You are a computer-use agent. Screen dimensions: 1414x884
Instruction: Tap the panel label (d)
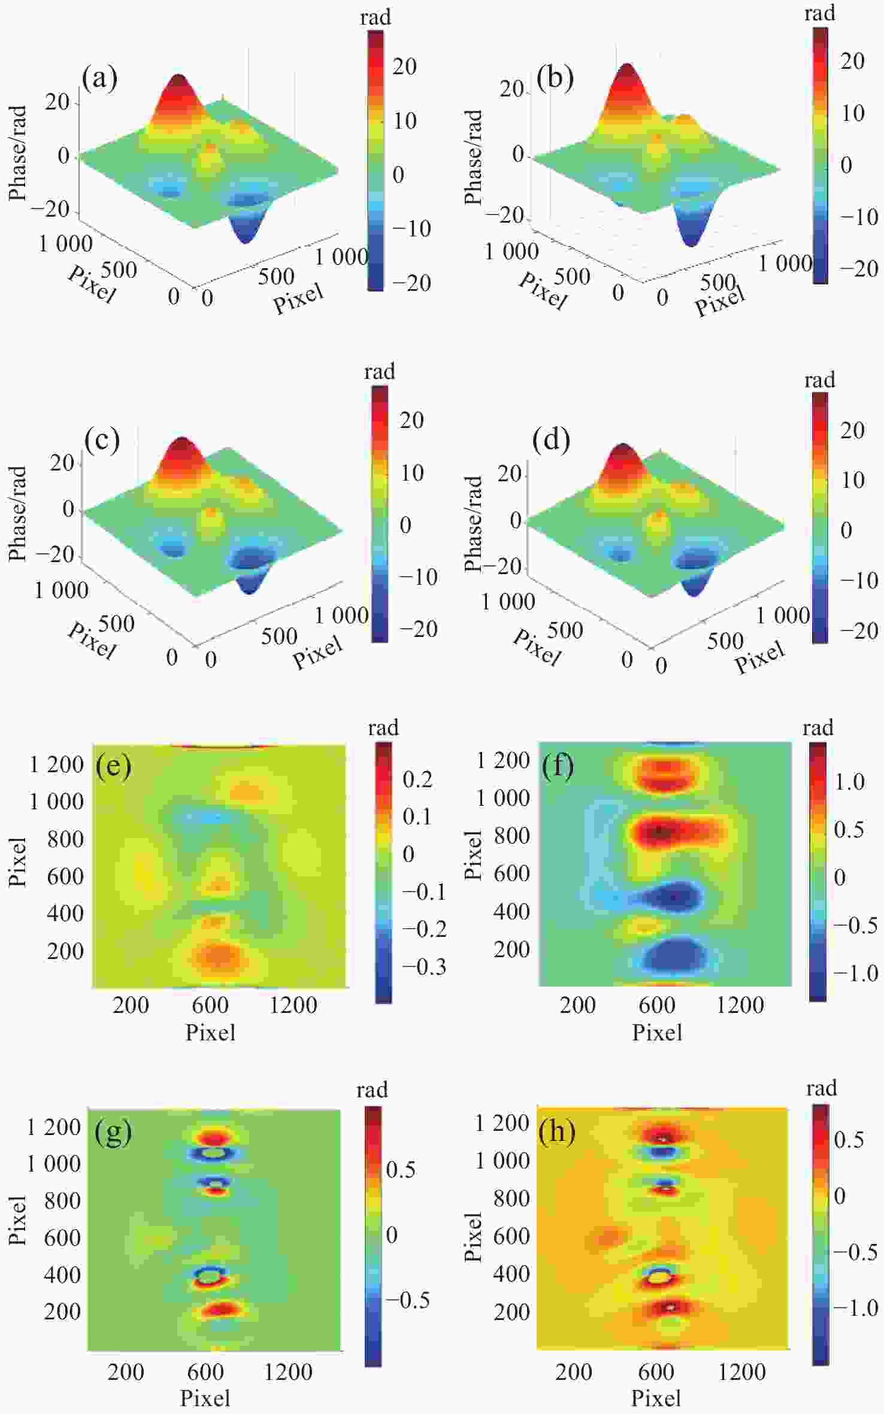[551, 440]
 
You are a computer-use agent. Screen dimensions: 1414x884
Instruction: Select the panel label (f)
[558, 766]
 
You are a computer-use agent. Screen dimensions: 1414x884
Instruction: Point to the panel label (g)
[113, 1133]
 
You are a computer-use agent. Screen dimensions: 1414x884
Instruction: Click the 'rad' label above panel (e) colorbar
[383, 728]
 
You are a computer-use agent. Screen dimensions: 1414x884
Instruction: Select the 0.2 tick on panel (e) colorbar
[417, 779]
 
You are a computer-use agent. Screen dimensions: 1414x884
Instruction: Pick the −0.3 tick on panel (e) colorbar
[424, 967]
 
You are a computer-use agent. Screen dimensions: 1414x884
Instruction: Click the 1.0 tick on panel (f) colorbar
[849, 781]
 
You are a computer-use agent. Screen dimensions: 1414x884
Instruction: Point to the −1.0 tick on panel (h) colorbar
[856, 1308]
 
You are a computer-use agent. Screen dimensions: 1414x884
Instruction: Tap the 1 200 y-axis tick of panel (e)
[56, 764]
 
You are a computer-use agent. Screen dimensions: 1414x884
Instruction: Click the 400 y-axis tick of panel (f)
[511, 911]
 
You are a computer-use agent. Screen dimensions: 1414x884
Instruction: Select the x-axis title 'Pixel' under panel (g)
[205, 1398]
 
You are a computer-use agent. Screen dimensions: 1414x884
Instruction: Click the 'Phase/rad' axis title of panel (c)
[17, 514]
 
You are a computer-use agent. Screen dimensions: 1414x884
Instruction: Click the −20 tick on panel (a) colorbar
[411, 283]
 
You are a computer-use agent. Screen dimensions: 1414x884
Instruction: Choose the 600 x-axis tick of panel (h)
[656, 1371]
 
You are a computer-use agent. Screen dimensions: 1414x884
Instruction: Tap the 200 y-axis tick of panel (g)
[62, 1312]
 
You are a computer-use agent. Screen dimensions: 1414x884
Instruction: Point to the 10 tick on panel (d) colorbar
[853, 480]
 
